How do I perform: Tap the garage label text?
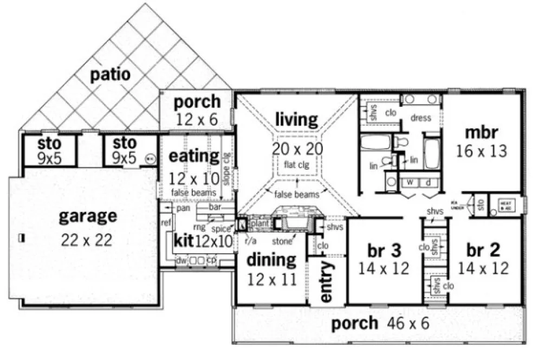(x=87, y=216)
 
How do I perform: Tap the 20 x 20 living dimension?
(x=297, y=149)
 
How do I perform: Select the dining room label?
(x=271, y=260)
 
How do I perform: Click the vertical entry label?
(x=327, y=284)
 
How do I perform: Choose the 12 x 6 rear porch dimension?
(x=197, y=119)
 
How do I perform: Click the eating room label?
(x=194, y=156)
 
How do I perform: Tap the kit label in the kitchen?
(x=183, y=239)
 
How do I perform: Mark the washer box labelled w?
(x=410, y=182)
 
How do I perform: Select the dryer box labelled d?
(x=427, y=182)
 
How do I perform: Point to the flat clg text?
(x=297, y=164)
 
